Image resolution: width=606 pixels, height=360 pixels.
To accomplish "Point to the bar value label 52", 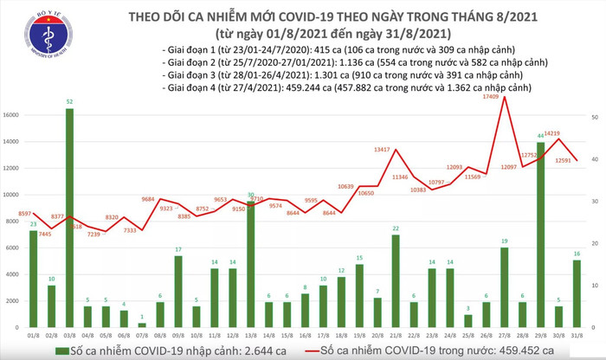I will click(x=69, y=102).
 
